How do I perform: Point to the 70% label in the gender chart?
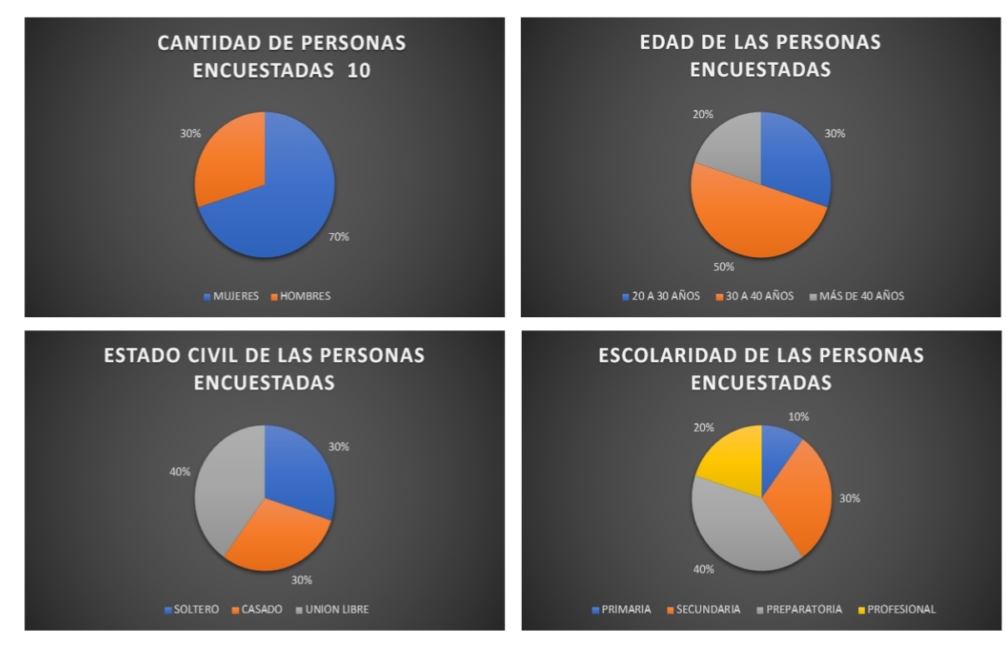[x=339, y=237]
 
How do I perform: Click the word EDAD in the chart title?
[x=672, y=42]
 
